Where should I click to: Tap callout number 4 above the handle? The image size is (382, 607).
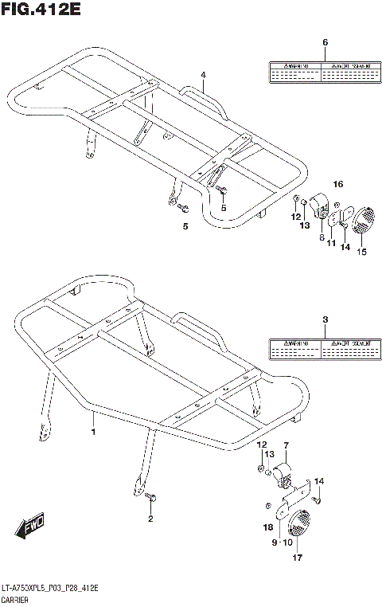pos(203,75)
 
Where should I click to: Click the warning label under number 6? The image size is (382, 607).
pos(320,72)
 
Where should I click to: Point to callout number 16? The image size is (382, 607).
pos(337,185)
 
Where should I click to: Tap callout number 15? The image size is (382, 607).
pos(361,253)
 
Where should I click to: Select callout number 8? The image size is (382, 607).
pos(321,237)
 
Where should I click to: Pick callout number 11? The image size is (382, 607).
pos(331,244)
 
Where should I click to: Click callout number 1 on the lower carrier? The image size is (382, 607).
pos(93,432)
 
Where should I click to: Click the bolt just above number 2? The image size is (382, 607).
pos(152,499)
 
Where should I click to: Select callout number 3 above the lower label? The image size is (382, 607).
pos(324,320)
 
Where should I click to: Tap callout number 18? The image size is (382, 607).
pos(268,527)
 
